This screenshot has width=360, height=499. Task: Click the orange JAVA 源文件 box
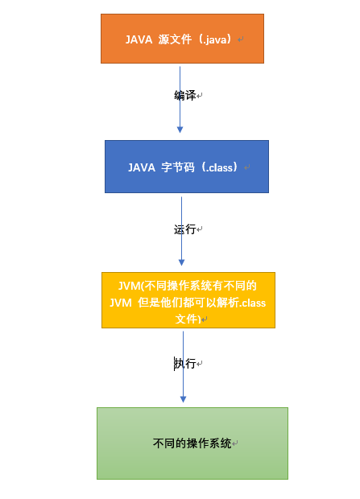pyautogui.click(x=182, y=39)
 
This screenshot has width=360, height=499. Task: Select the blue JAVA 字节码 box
pyautogui.click(x=187, y=167)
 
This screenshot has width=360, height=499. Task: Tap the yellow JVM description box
pyautogui.click(x=188, y=300)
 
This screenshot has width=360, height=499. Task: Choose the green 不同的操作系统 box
pyautogui.click(x=192, y=443)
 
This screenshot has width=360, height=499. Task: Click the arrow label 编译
pyautogui.click(x=184, y=95)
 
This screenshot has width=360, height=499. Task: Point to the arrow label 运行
pyautogui.click(x=184, y=229)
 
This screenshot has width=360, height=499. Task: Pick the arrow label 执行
pyautogui.click(x=184, y=363)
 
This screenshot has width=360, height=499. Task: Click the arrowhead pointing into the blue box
pyautogui.click(x=180, y=130)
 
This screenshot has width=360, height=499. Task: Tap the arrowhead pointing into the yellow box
pyautogui.click(x=181, y=262)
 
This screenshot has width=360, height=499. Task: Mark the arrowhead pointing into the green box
pyautogui.click(x=183, y=399)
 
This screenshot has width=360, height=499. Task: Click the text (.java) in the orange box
pyautogui.click(x=214, y=39)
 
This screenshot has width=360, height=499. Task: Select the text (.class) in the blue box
pyautogui.click(x=219, y=167)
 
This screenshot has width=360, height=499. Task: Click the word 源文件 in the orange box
pyautogui.click(x=175, y=39)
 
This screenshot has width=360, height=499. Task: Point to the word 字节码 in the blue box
pyautogui.click(x=178, y=167)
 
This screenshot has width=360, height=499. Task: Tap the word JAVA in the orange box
pyautogui.click(x=139, y=39)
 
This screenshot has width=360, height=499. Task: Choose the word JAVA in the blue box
pyautogui.click(x=142, y=167)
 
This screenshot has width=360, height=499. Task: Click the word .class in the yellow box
pyautogui.click(x=253, y=303)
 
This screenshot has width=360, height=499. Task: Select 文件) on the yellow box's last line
pyautogui.click(x=188, y=319)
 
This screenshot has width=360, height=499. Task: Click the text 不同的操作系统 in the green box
pyautogui.click(x=192, y=443)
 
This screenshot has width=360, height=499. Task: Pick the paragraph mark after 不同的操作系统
pyautogui.click(x=235, y=443)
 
